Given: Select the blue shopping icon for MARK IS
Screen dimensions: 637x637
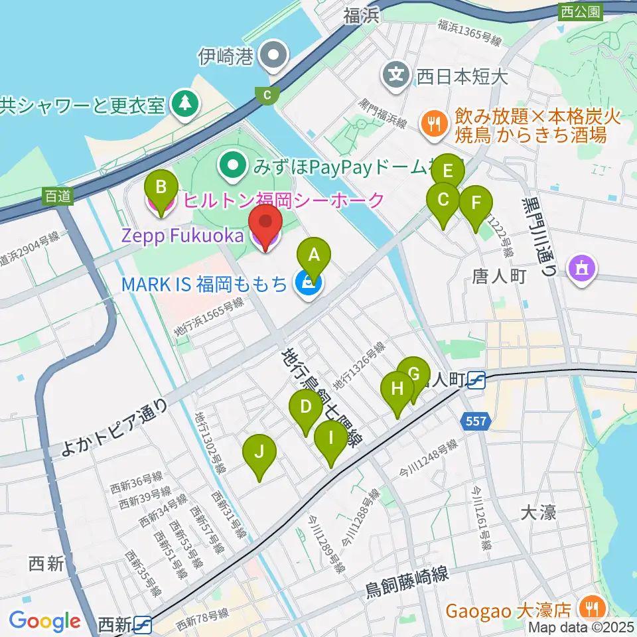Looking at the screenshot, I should [307, 284].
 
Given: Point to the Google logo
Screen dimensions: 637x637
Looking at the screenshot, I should [44, 621].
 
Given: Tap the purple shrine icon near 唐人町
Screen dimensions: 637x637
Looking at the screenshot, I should [583, 269].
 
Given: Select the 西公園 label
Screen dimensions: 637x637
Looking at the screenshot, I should [579, 11].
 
